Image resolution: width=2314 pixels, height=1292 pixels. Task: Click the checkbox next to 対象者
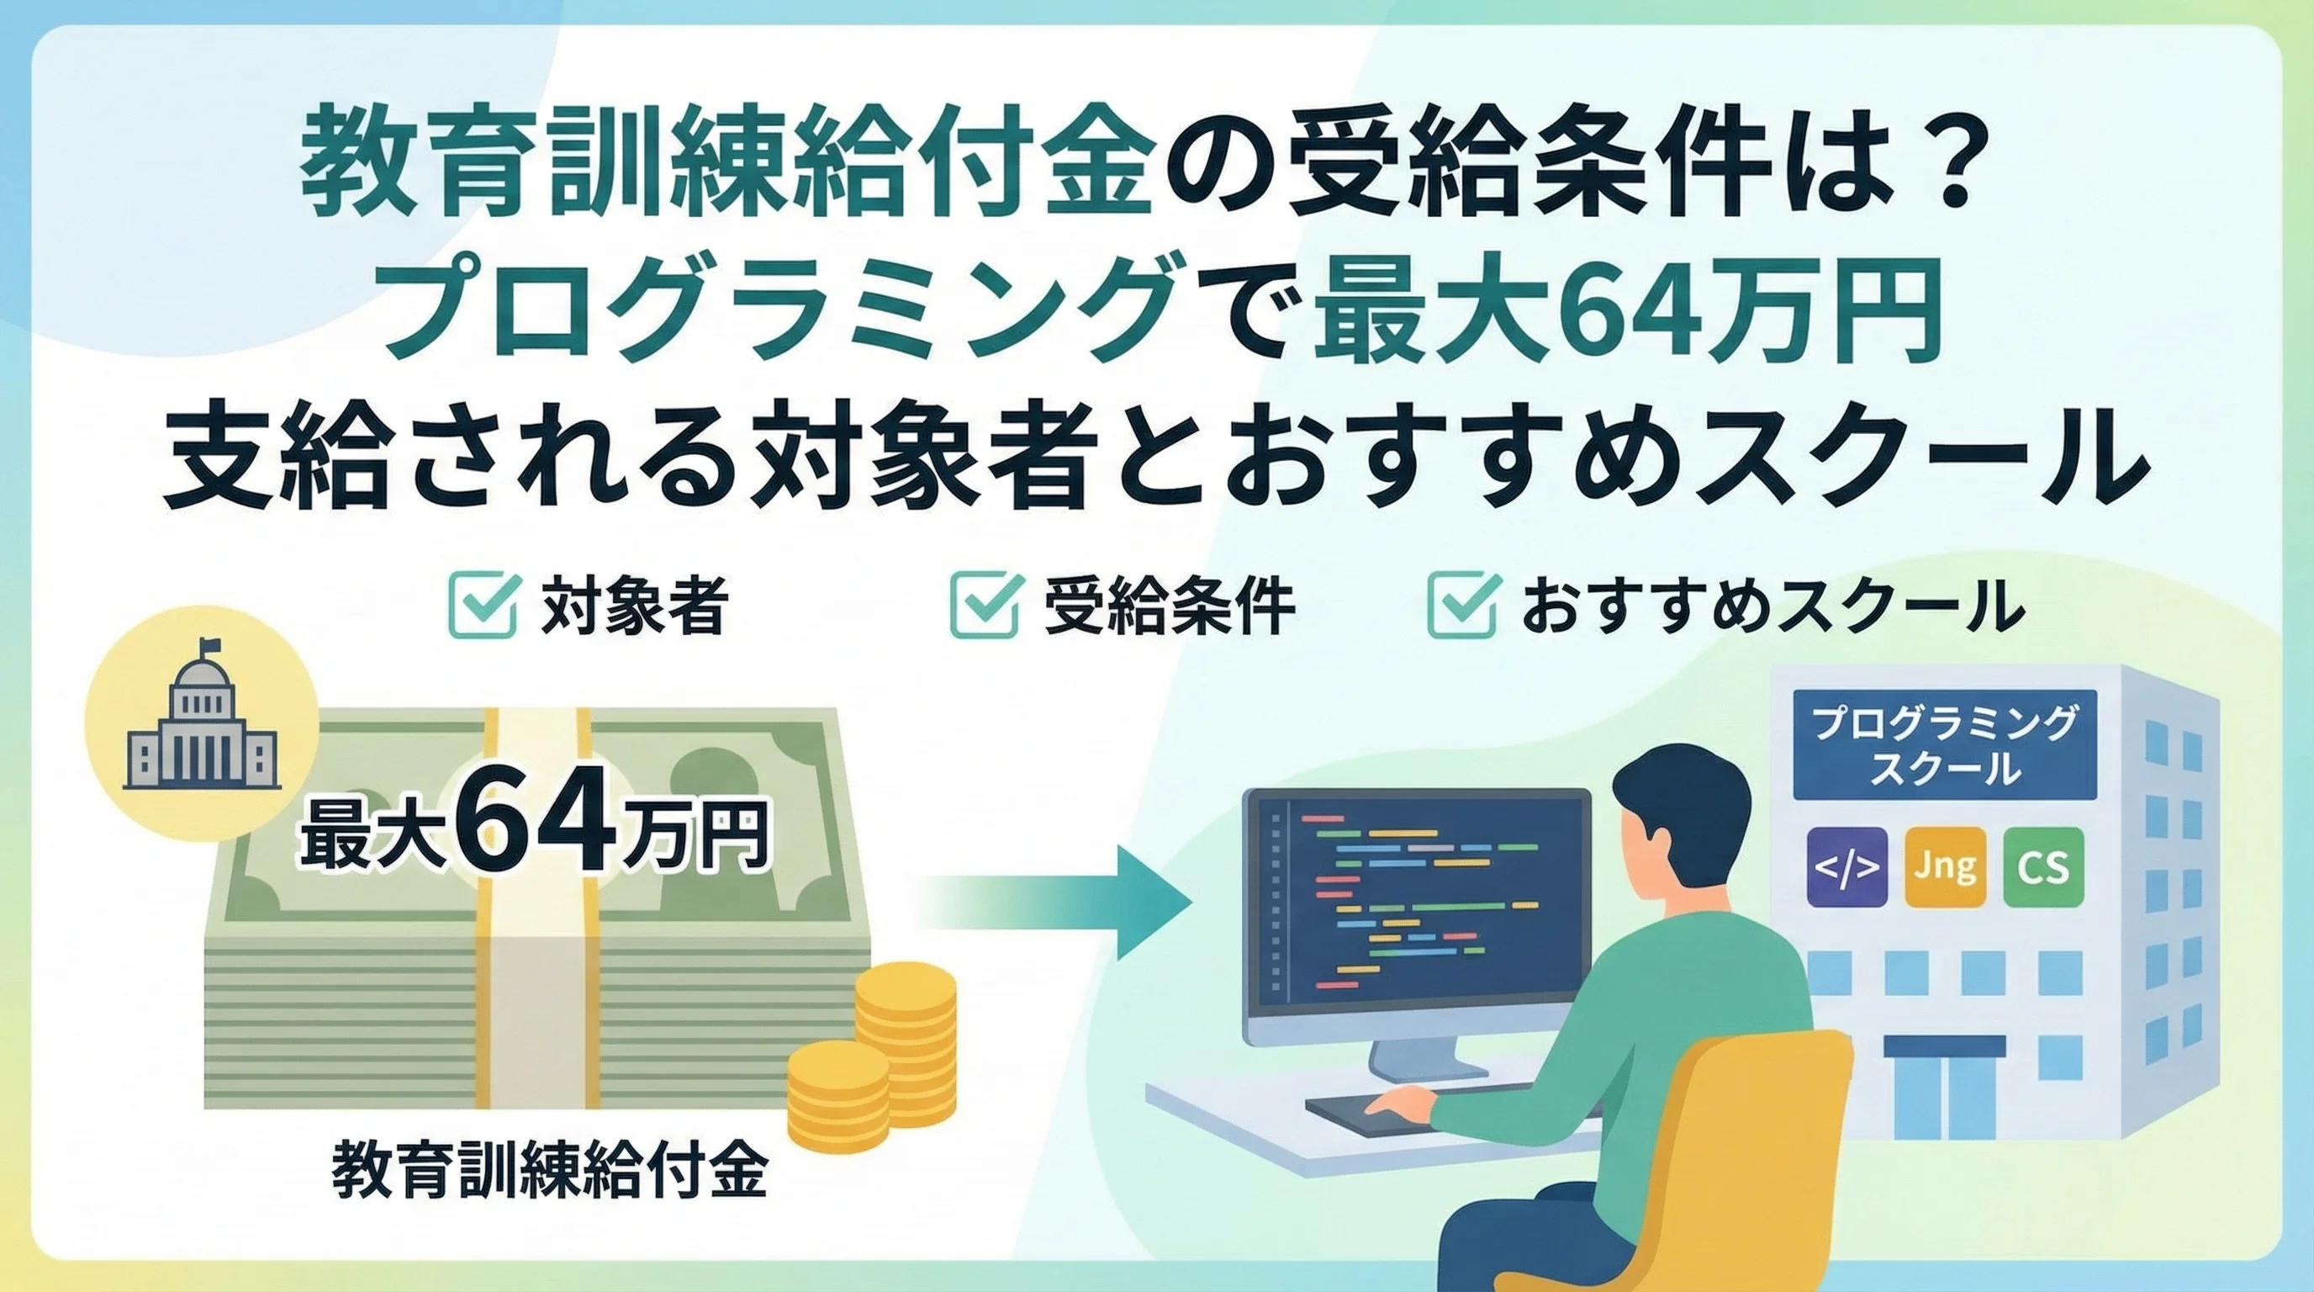click(483, 606)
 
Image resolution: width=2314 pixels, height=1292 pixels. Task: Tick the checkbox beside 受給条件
click(985, 606)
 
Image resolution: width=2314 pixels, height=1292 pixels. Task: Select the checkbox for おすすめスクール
click(1462, 606)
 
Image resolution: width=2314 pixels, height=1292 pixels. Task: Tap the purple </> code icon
click(1846, 867)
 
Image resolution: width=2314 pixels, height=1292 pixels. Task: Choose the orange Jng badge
click(1945, 867)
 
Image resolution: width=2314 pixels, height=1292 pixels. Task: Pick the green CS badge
click(2043, 867)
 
